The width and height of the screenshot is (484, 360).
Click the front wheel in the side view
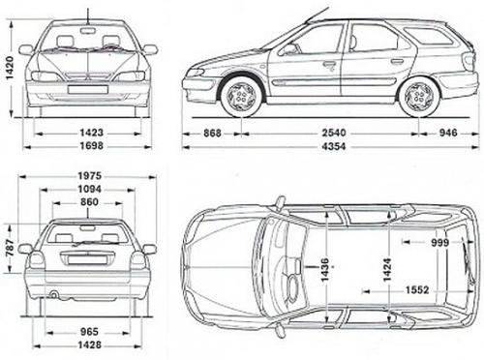(242, 95)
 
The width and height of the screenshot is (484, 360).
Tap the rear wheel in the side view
(419, 95)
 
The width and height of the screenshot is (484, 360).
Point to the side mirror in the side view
(287, 48)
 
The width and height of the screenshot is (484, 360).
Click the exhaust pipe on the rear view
(54, 294)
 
